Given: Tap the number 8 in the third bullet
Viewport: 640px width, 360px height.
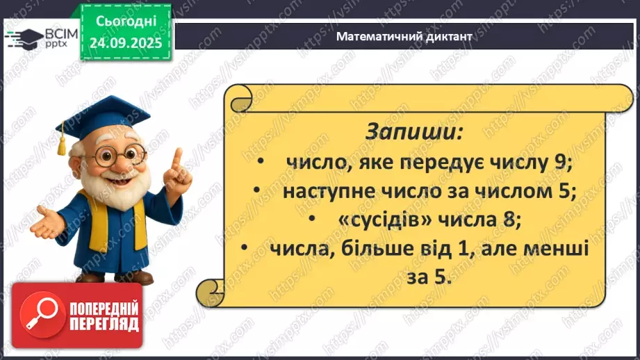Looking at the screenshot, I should (x=514, y=220).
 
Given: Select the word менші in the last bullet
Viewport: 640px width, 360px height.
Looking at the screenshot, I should (x=558, y=249).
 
